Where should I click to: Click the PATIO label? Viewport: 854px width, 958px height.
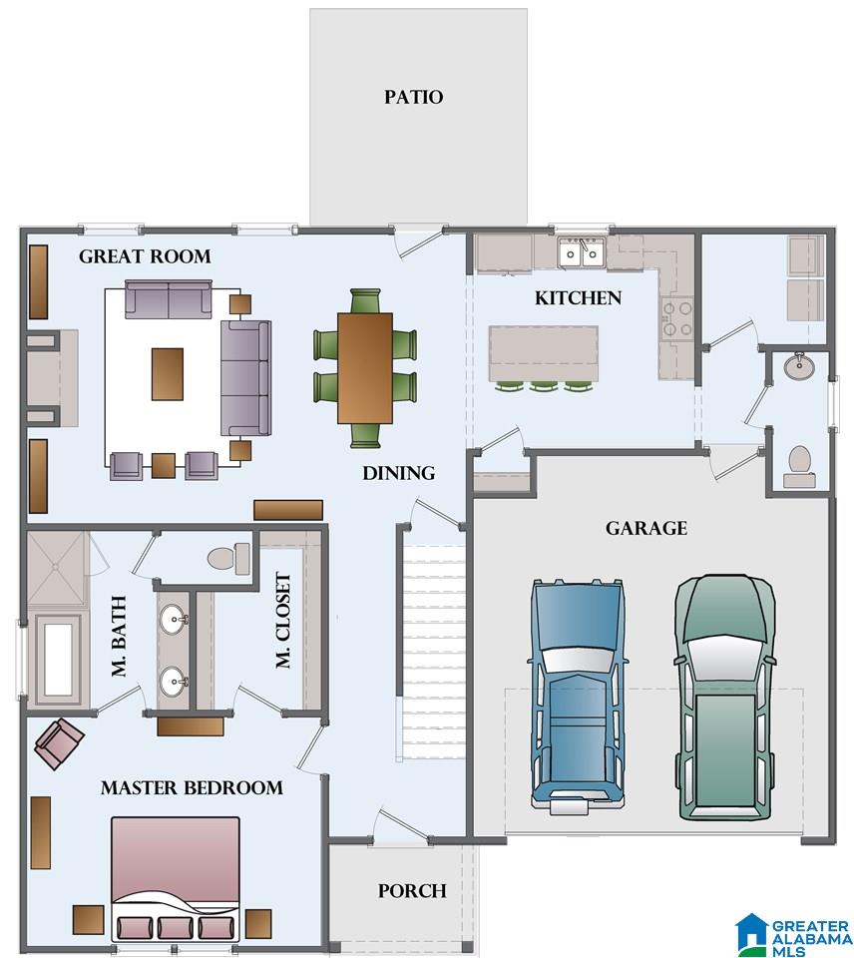414,97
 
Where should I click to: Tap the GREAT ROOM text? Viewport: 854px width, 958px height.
145,256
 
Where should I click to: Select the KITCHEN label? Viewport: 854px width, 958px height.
578,297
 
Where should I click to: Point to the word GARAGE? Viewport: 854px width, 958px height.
646,528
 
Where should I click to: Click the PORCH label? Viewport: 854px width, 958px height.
412,891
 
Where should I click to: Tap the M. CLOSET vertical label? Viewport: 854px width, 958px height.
282,620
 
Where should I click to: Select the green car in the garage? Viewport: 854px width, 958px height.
725,697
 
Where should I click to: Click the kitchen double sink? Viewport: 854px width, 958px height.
581,252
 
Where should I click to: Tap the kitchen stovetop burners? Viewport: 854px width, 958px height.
677,317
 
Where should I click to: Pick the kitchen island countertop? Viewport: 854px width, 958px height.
543,353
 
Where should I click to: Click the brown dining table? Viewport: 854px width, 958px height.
365,368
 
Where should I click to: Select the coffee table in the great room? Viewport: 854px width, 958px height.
168,374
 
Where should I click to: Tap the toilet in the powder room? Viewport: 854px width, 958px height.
800,467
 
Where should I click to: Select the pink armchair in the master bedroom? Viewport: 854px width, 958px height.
59,743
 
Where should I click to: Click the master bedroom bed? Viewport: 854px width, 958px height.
176,878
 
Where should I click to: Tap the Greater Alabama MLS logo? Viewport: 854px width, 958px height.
793,934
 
